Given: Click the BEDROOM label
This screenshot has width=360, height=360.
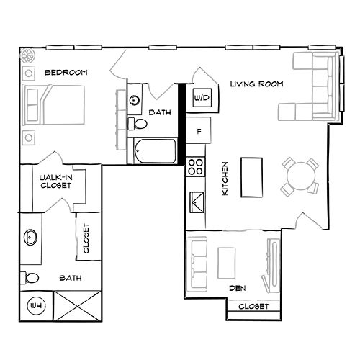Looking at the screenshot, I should click(66, 73).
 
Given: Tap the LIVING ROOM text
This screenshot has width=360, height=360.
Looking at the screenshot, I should click(256, 84).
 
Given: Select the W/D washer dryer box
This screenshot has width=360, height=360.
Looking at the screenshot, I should click(201, 97).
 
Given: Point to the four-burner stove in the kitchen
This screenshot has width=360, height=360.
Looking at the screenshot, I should click(195, 167).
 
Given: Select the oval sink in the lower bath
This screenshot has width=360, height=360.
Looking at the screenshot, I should click(32, 237).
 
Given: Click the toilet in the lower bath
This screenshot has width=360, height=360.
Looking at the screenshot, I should click(30, 278).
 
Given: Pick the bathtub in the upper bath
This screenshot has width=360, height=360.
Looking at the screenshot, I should click(154, 151).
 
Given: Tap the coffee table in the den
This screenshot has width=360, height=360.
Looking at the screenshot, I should click(227, 262).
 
